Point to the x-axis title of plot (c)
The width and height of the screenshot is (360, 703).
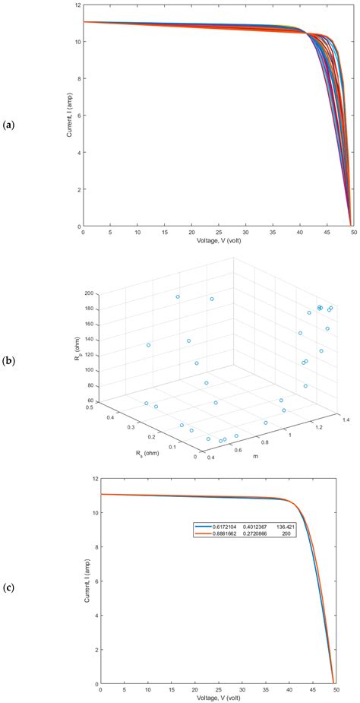[x=216, y=698]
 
